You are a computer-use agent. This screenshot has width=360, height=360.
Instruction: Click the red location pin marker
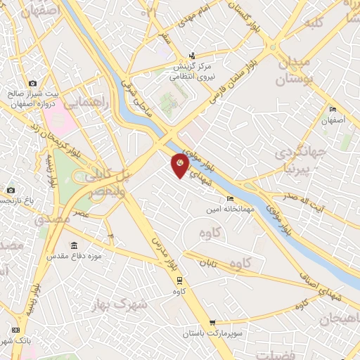(180, 165)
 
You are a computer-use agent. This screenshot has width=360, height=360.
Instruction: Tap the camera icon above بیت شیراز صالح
(32, 84)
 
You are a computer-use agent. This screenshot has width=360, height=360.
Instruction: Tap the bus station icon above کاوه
(180, 280)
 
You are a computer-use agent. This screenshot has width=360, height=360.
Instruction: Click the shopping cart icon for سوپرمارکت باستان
(212, 323)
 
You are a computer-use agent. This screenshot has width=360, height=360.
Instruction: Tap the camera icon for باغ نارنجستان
(10, 190)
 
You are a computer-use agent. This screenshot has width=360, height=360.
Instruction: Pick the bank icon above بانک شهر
(16, 330)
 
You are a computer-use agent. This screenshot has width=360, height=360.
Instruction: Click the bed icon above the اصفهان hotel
(333, 109)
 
